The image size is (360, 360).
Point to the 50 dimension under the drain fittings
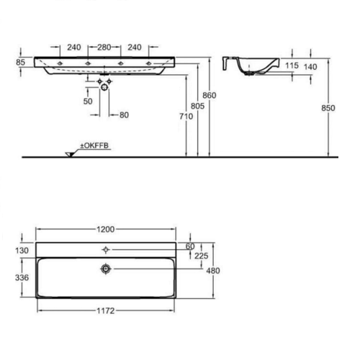point(88,102)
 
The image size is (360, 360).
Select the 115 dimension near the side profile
point(292,66)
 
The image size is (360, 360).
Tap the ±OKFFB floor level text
point(94,146)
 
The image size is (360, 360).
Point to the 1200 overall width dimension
point(107,230)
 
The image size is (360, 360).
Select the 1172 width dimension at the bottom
point(107,315)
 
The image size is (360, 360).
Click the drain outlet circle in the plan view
point(107,268)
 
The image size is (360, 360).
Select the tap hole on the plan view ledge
point(107,249)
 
